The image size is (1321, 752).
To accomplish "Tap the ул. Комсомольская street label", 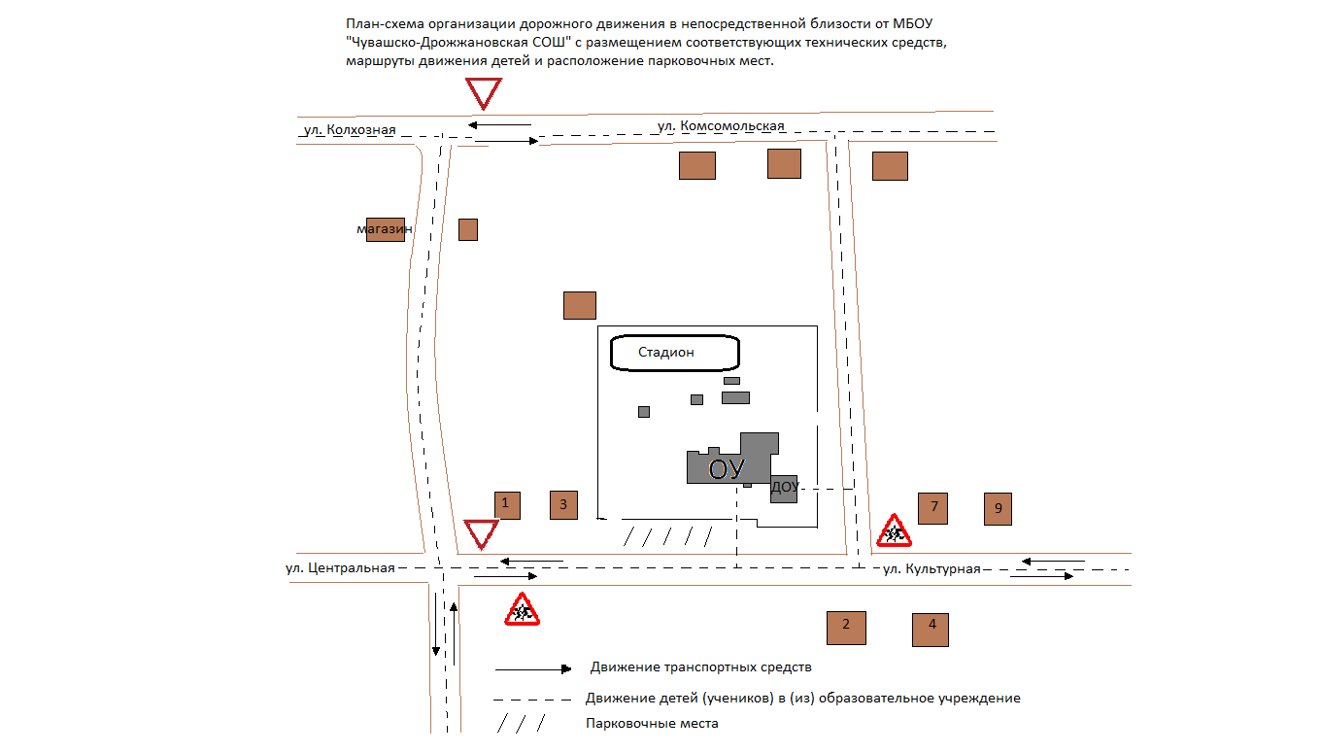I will coord(720,126).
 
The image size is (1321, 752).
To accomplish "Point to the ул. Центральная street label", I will coord(340,568).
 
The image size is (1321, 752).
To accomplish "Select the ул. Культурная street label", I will coord(931,569).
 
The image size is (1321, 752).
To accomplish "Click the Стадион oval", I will coord(674,353).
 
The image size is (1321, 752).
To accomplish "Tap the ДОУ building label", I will coord(785,487).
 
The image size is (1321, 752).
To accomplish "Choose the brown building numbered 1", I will coord(506,505).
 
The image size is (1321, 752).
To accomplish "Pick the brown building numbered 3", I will coord(563,505).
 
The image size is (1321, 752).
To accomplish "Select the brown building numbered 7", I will coord(932,508).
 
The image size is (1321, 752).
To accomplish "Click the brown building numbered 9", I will coord(998,509).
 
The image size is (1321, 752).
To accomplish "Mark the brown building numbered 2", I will coord(845,627).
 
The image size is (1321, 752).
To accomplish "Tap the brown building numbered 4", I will coord(931,630).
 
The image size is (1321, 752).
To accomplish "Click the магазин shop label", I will coord(384,229).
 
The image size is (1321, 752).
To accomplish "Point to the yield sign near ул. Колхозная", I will coord(483,93).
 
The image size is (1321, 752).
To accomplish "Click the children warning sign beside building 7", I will coord(894,531).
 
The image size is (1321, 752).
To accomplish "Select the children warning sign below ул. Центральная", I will coord(522,610).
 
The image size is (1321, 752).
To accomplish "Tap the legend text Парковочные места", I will coord(652,724).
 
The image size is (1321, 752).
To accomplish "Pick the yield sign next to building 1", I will coord(481,533).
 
